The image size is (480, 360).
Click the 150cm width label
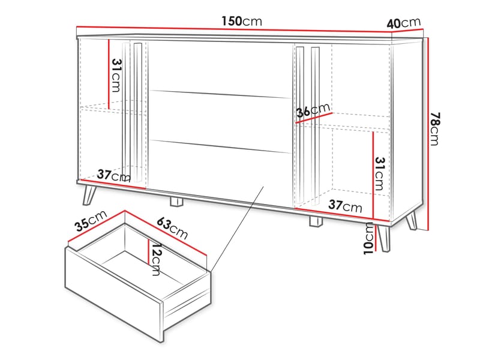241,22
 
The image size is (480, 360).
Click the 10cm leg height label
368,238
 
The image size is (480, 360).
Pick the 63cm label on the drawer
172,227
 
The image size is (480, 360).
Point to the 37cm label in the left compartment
113,176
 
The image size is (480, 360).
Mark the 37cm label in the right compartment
345,207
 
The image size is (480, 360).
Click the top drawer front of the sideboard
220,66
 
